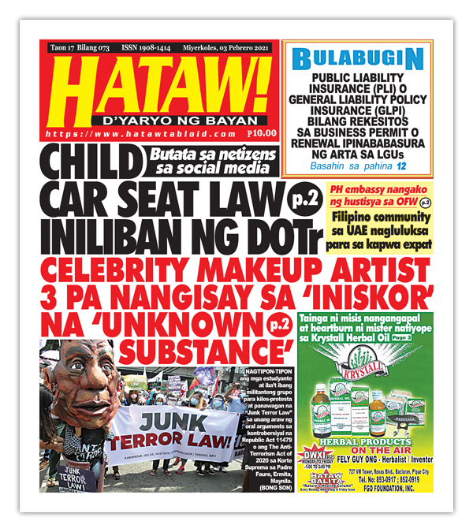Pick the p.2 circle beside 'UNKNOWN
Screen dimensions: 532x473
[x=276, y=323]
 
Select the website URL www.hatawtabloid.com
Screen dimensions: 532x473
[x=134, y=136]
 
